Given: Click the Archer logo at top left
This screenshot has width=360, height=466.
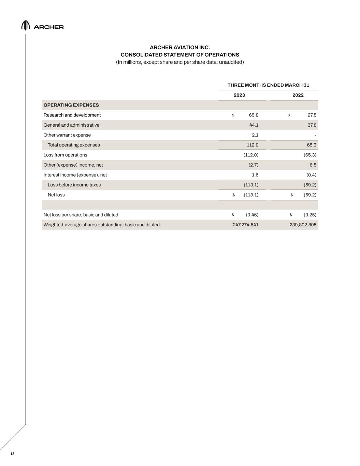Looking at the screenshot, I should [42, 26].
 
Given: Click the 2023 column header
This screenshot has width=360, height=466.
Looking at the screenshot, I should [239, 95].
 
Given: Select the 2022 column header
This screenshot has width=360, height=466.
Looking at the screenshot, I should [298, 95].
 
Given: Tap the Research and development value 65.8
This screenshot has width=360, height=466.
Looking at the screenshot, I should [254, 115].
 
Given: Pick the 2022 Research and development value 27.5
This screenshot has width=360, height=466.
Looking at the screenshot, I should [312, 115].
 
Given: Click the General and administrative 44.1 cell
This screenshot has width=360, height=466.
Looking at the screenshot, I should [254, 125].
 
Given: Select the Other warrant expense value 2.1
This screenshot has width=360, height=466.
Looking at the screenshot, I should [255, 135].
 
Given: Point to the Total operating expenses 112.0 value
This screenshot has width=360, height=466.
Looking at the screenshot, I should [253, 145].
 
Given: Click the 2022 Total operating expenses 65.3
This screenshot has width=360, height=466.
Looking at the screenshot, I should [312, 145].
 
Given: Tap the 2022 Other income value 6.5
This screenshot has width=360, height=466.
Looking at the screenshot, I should [313, 165].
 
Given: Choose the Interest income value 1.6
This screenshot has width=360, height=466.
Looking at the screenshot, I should [255, 175].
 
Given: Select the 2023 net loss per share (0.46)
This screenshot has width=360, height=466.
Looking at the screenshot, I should [252, 215].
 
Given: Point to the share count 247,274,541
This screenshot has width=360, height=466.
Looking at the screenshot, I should [245, 225].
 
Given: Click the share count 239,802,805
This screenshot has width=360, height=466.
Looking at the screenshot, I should [303, 225].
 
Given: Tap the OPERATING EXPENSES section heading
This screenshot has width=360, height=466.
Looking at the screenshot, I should [71, 105].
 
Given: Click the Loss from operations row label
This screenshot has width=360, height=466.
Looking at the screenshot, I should [65, 155].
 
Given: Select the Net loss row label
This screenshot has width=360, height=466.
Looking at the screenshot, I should [56, 195].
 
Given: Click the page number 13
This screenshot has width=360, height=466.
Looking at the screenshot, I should [12, 454].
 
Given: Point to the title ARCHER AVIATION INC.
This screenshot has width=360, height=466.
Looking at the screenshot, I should [180, 47].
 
